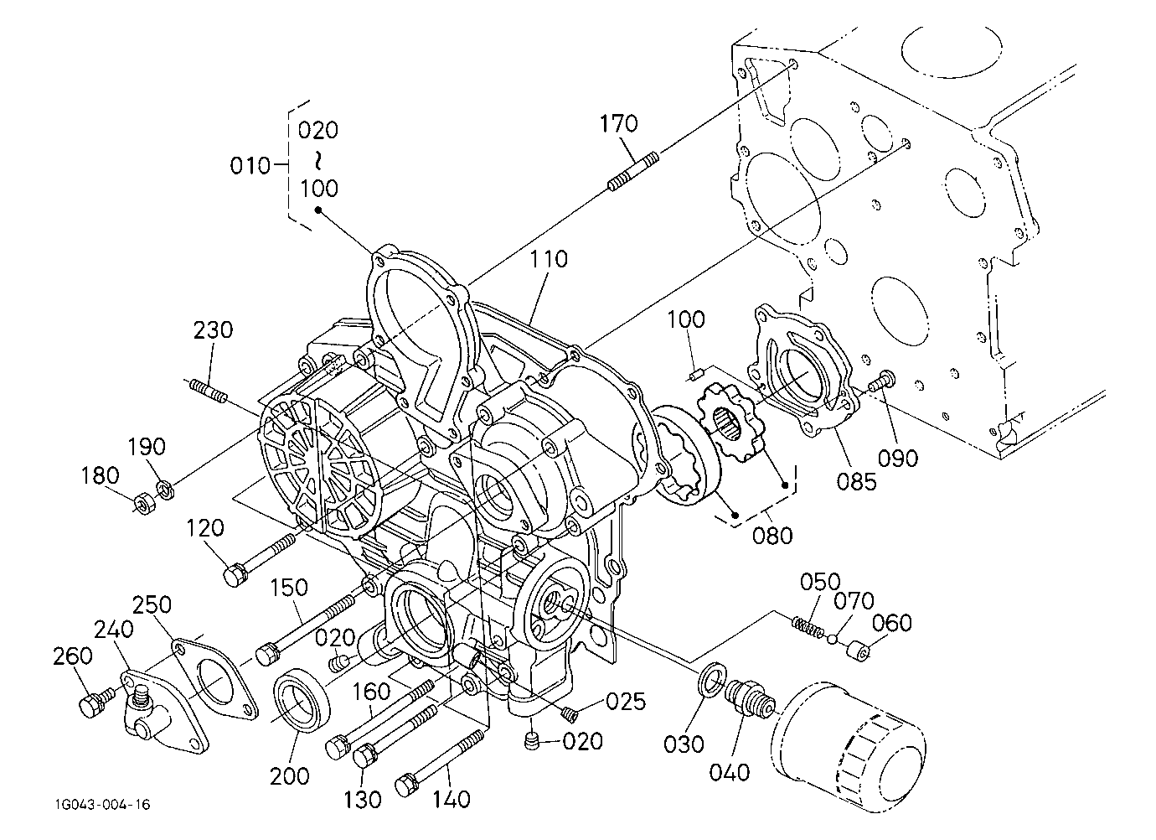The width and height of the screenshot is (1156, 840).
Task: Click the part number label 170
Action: pyautogui.click(x=618, y=123)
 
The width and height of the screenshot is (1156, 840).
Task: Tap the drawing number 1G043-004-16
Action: pyautogui.click(x=103, y=804)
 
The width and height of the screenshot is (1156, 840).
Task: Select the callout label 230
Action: pyautogui.click(x=213, y=330)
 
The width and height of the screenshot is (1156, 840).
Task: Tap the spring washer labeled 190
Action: pyautogui.click(x=165, y=489)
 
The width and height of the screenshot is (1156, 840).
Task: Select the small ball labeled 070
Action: pyautogui.click(x=832, y=640)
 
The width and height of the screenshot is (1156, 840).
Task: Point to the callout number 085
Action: pyautogui.click(x=857, y=482)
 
